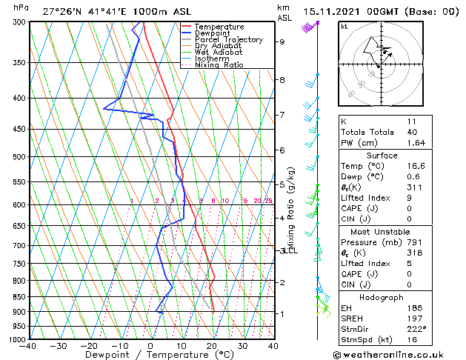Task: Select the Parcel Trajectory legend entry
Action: [228, 40]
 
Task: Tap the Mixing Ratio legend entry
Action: [219, 65]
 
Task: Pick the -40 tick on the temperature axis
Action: [28, 346]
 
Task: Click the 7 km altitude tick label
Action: [282, 115]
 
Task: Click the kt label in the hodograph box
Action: [344, 26]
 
